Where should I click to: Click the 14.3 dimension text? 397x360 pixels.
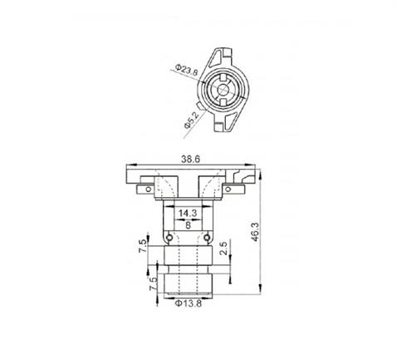coord(189,213)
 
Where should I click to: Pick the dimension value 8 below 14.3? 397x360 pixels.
coord(189,224)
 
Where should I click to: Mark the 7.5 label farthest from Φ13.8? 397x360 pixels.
coord(145,247)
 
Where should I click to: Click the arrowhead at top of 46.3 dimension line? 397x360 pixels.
coord(261,166)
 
